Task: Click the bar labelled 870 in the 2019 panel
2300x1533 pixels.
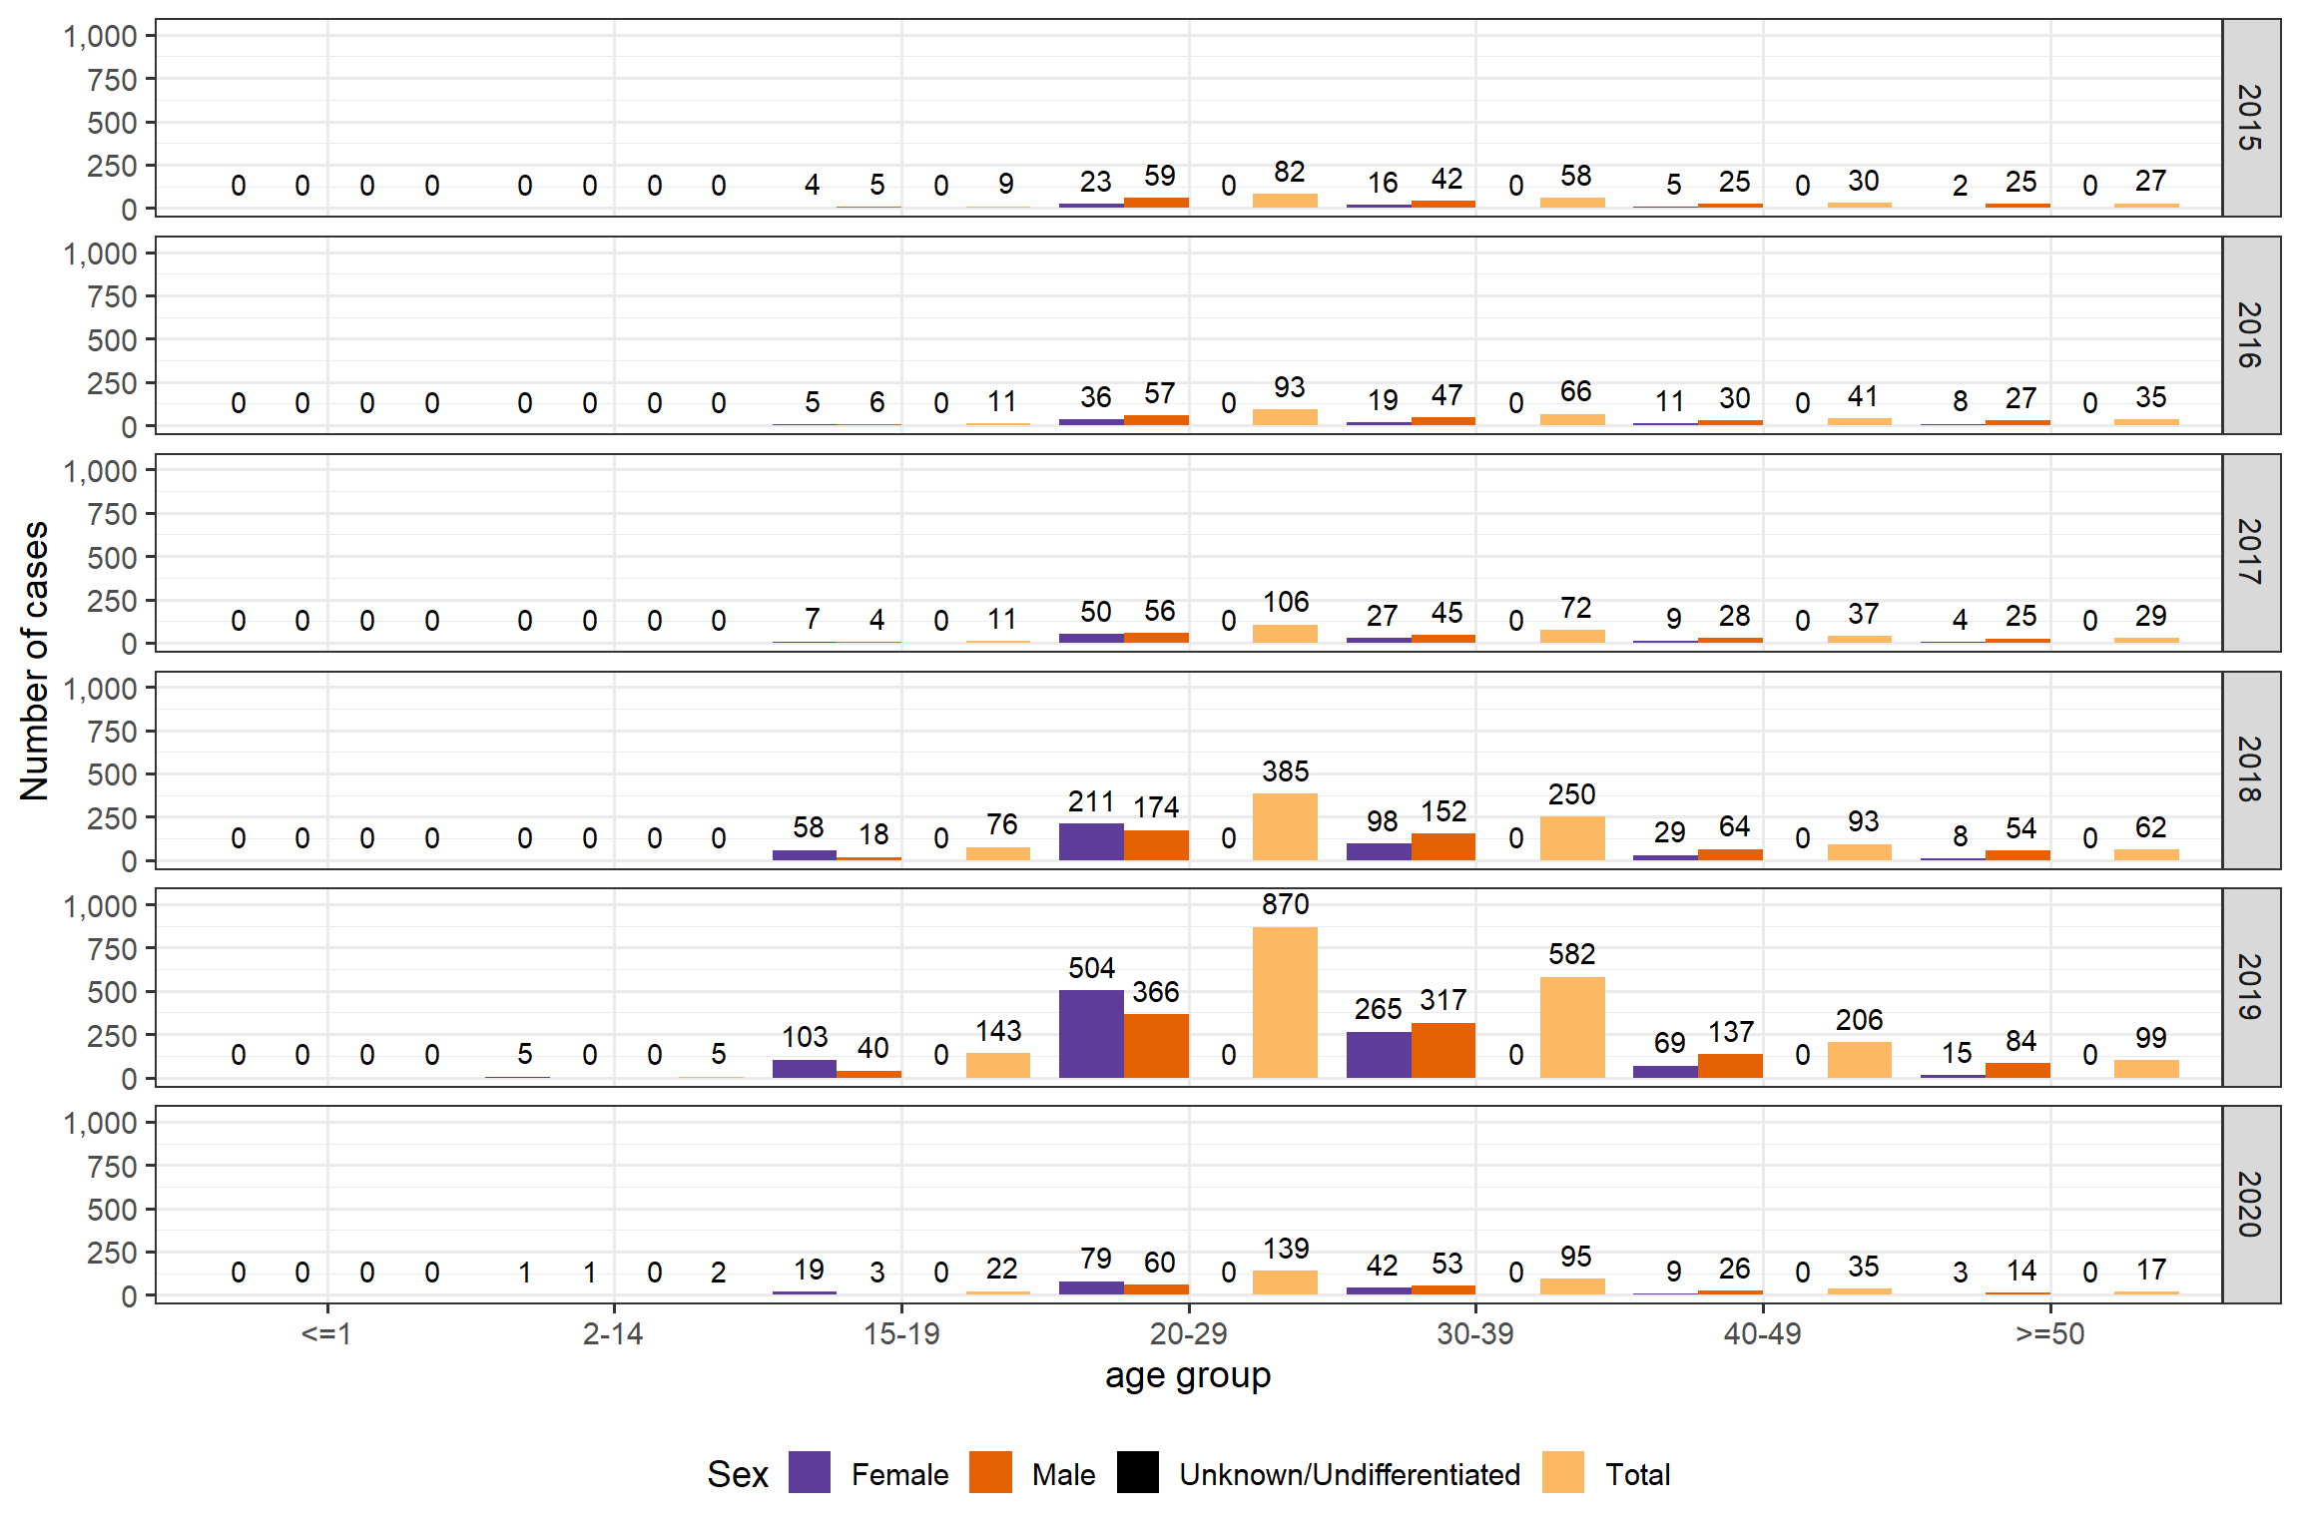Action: pyautogui.click(x=1285, y=1002)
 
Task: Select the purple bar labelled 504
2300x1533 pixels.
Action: pyautogui.click(x=1091, y=1033)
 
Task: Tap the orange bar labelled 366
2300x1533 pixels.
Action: pyautogui.click(x=1156, y=1045)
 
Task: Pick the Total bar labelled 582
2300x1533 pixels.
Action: pyautogui.click(x=1572, y=1027)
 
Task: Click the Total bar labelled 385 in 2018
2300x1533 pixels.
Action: pyautogui.click(x=1285, y=826)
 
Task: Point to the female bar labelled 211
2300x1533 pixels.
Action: pyautogui.click(x=1091, y=841)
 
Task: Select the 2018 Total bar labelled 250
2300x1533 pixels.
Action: pyautogui.click(x=1572, y=837)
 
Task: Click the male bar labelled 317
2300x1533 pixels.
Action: pyautogui.click(x=1443, y=1050)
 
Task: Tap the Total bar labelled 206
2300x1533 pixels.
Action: pyautogui.click(x=1859, y=1059)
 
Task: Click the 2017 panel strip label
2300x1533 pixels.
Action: pyautogui.click(x=2250, y=552)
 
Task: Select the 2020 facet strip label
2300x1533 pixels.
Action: pyautogui.click(x=2250, y=1204)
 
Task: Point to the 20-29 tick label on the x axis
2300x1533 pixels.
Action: pyautogui.click(x=1188, y=1333)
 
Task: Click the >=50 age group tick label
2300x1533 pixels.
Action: pyautogui.click(x=2049, y=1333)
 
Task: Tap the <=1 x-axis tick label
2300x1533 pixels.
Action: pyautogui.click(x=326, y=1333)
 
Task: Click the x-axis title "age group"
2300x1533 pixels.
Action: pyautogui.click(x=1188, y=1375)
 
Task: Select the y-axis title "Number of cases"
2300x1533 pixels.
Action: pyautogui.click(x=35, y=661)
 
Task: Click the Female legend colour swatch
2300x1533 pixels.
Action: pyautogui.click(x=809, y=1472)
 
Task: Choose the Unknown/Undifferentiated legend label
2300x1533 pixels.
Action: pyautogui.click(x=1350, y=1474)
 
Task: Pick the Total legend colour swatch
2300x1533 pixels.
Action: pyautogui.click(x=1562, y=1472)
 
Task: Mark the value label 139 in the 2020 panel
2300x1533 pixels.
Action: pyautogui.click(x=1285, y=1249)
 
